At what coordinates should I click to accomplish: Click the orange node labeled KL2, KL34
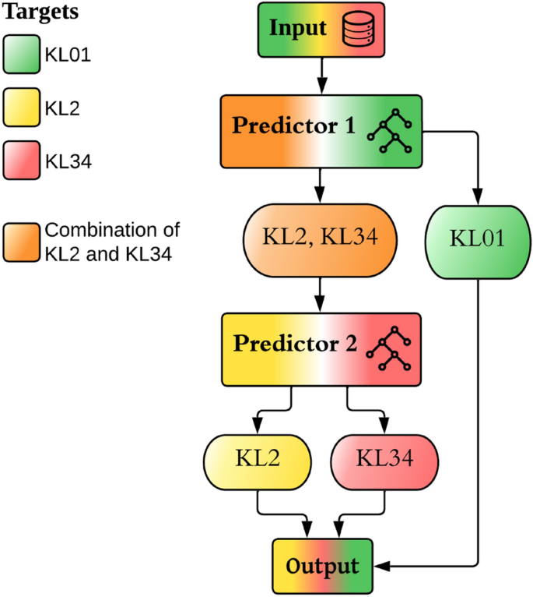(320, 239)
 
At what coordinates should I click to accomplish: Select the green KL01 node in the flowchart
(477, 239)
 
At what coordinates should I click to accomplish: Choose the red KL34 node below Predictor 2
(384, 457)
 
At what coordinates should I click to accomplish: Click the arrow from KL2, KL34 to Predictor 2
(320, 295)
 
